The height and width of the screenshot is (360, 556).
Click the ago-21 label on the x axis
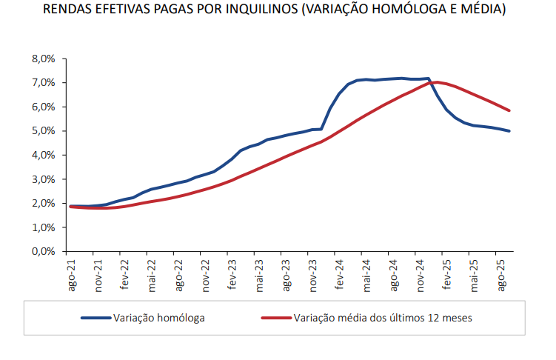click(73, 275)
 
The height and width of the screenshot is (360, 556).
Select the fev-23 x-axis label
click(232, 275)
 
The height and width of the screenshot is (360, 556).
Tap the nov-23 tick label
click(313, 275)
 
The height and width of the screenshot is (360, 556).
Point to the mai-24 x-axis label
click(366, 275)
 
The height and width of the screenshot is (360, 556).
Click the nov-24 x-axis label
click(420, 275)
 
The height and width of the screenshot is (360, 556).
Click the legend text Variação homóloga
click(159, 318)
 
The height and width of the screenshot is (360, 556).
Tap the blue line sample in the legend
click(95, 318)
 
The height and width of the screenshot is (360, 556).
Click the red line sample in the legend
click(275, 318)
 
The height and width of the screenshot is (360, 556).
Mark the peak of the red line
click(437, 82)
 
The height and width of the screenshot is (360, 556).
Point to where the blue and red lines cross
click(432, 83)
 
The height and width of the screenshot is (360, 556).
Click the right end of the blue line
click(509, 131)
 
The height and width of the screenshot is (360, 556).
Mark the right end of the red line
click(509, 110)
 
